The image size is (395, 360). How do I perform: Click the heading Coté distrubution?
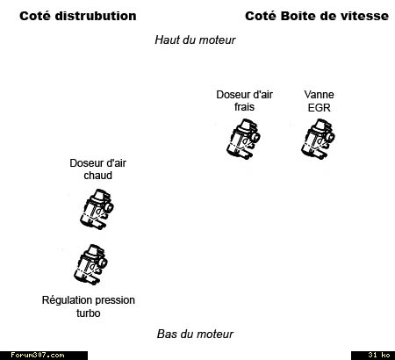78,16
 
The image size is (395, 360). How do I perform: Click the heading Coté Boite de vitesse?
317,16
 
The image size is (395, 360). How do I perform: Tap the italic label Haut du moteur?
195,40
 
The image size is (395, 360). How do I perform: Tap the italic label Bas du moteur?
195,334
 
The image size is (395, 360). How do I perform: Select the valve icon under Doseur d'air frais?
243,139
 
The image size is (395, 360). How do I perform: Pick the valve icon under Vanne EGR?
318,139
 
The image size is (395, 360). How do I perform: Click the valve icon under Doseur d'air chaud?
97,209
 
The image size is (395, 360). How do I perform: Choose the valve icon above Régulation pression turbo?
90,264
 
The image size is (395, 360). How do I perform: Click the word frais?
244,107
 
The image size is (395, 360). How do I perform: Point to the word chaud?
97,176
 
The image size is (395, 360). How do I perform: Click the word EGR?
319,108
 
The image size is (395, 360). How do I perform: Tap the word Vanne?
319,95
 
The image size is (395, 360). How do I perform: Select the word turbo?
89,313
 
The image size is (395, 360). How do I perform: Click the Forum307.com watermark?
38,356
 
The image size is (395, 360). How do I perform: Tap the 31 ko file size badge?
379,356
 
